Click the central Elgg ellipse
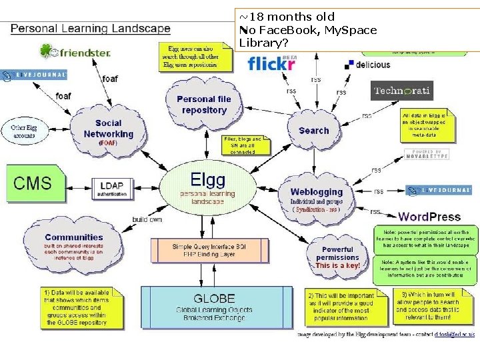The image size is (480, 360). (x=207, y=187)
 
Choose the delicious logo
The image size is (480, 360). (x=367, y=65)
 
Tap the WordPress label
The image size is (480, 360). (x=429, y=216)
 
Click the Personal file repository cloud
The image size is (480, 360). (x=205, y=104)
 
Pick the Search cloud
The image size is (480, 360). (x=314, y=131)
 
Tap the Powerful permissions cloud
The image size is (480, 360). (x=337, y=257)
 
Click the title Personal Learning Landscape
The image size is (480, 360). (x=91, y=29)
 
